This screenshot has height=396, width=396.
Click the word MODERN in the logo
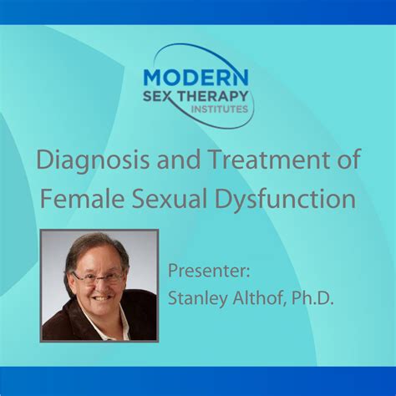click(191, 76)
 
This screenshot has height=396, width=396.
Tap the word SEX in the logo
click(160, 98)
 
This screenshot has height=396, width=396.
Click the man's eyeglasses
click(99, 277)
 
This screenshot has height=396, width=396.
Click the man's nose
click(99, 286)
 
